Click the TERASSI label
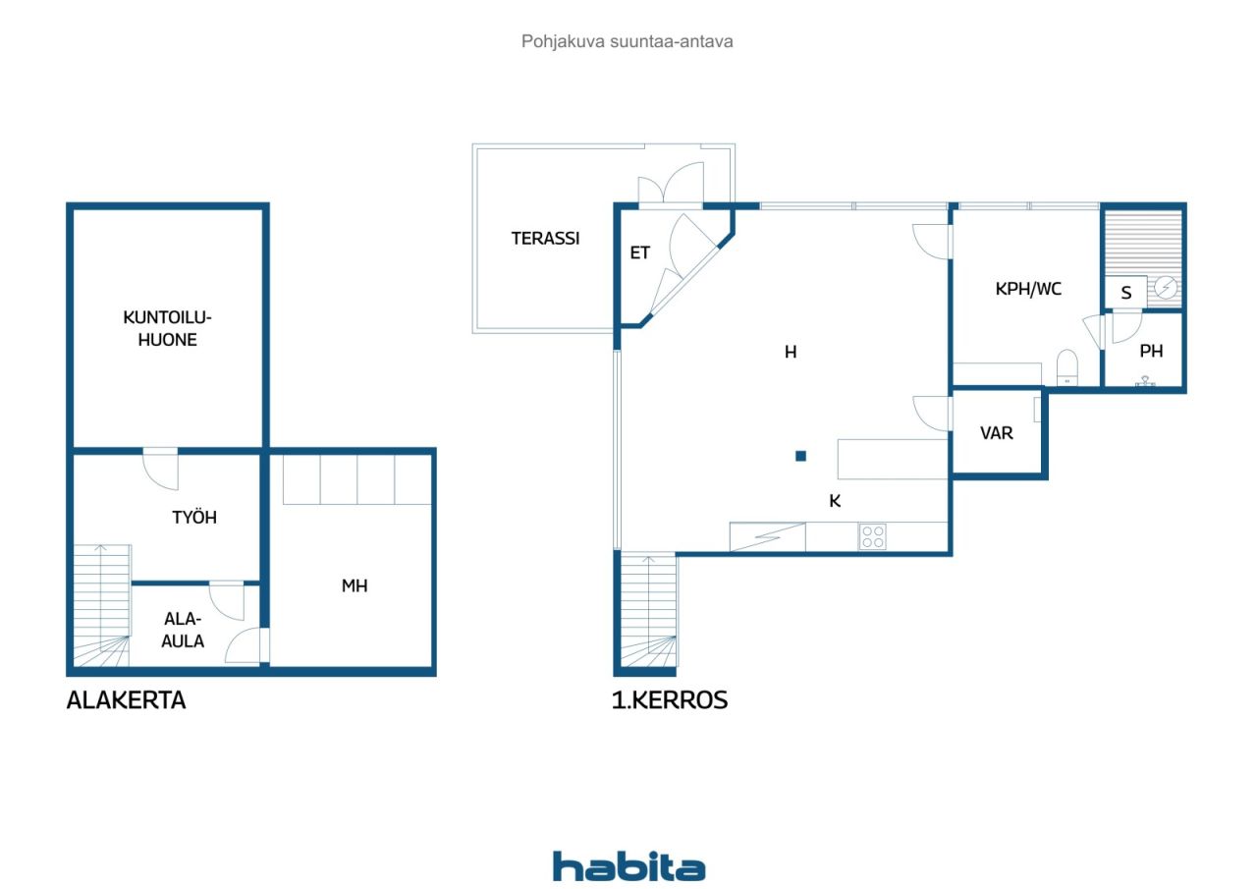545,238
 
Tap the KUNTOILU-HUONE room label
167,328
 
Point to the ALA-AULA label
184,630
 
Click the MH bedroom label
355,585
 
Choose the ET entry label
639,252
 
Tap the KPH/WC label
1028,289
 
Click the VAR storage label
997,432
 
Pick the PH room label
1151,351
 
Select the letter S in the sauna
1126,293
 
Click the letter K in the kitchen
835,501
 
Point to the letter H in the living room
790,352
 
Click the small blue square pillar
800,456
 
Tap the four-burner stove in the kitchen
872,536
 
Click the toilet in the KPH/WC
1066,368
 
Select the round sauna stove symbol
1166,288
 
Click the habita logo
628,866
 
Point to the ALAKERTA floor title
126,700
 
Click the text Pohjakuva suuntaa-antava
628,42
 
